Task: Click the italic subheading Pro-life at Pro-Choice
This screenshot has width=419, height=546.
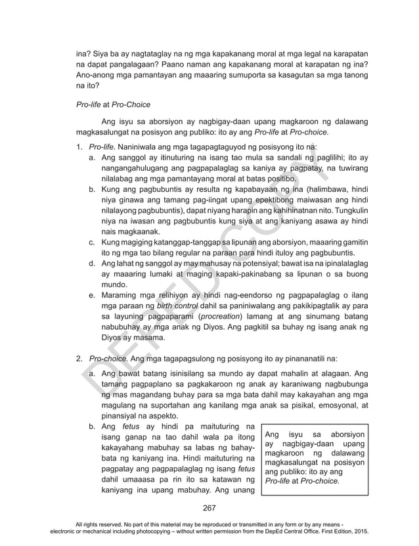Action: click(x=114, y=104)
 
